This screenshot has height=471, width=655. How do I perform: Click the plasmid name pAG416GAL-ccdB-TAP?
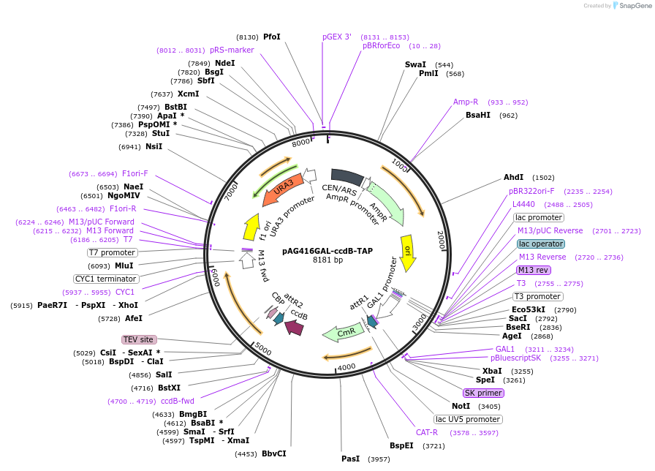327,251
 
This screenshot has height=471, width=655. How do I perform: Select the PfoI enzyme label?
271,37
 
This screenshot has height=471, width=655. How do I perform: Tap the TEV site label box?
139,339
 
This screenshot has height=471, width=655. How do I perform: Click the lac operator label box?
540,244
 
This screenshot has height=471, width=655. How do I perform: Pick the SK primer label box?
483,393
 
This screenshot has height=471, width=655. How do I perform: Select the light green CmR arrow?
343,332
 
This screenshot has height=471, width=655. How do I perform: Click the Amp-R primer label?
466,102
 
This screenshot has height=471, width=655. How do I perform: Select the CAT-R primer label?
427,432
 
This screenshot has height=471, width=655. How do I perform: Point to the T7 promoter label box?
112,252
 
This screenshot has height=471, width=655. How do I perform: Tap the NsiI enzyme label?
154,146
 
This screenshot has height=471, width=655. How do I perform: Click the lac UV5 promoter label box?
468,419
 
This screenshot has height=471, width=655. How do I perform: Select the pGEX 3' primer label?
337,37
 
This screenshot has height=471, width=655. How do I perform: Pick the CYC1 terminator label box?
106,279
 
